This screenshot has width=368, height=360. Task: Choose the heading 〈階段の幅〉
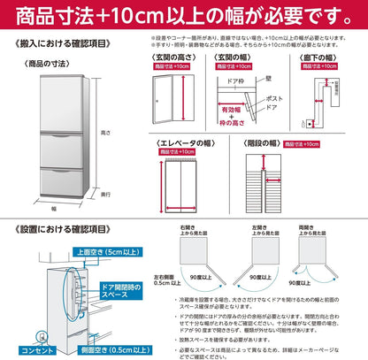264,141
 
